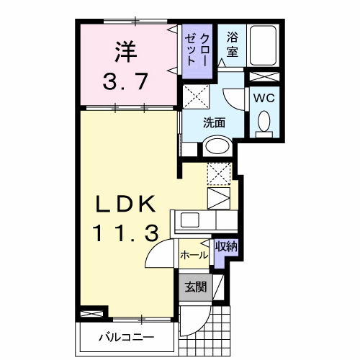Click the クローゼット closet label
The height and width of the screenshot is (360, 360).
(197, 50)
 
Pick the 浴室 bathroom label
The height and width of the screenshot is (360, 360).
(233, 44)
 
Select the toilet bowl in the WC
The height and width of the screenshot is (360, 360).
(264, 122)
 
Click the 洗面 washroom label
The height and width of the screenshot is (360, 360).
(214, 122)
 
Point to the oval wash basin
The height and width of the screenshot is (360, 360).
(217, 147)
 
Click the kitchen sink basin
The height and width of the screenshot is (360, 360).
(191, 220)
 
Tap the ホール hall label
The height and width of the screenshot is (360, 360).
(194, 255)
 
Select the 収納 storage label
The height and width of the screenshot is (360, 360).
(226, 246)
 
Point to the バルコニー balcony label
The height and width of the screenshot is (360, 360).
(126, 336)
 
